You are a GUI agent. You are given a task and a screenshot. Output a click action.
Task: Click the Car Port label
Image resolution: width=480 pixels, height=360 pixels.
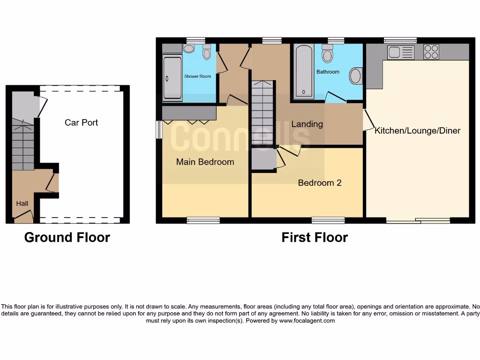(82, 122)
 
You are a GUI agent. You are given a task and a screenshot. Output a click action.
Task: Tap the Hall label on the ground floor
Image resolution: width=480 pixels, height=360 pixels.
(22, 203)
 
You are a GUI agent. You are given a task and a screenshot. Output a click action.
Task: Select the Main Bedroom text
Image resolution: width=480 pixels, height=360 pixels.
(205, 162)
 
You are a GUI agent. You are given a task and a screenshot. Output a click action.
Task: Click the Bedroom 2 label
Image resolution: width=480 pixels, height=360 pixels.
(320, 183)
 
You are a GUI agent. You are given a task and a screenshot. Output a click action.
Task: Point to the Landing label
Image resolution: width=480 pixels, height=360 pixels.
(307, 124)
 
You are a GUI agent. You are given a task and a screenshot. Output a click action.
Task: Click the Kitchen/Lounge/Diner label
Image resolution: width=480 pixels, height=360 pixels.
(417, 131)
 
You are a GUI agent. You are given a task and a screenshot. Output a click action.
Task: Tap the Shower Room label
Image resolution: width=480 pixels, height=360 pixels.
(197, 76)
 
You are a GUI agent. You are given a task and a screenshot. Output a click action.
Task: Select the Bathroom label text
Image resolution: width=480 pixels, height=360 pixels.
(328, 72)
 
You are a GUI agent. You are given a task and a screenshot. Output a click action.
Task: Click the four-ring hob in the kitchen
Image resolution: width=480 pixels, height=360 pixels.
(431, 52)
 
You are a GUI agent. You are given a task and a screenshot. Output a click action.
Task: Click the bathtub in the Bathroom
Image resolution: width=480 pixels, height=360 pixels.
(304, 71)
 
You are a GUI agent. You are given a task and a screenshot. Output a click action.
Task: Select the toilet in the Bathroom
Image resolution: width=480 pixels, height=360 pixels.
(327, 54)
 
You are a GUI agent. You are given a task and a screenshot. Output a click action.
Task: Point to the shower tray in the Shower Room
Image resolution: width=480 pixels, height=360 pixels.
(172, 78)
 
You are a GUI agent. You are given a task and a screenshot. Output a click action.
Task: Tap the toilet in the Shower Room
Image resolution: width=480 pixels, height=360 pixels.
(207, 52)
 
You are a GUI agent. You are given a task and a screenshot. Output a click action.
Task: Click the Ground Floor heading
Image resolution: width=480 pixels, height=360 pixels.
(67, 237)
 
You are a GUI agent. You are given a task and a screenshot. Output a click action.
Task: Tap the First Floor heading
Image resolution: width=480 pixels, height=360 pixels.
(315, 237)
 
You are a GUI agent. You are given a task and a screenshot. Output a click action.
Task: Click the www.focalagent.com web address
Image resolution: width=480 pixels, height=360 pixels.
(307, 321)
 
